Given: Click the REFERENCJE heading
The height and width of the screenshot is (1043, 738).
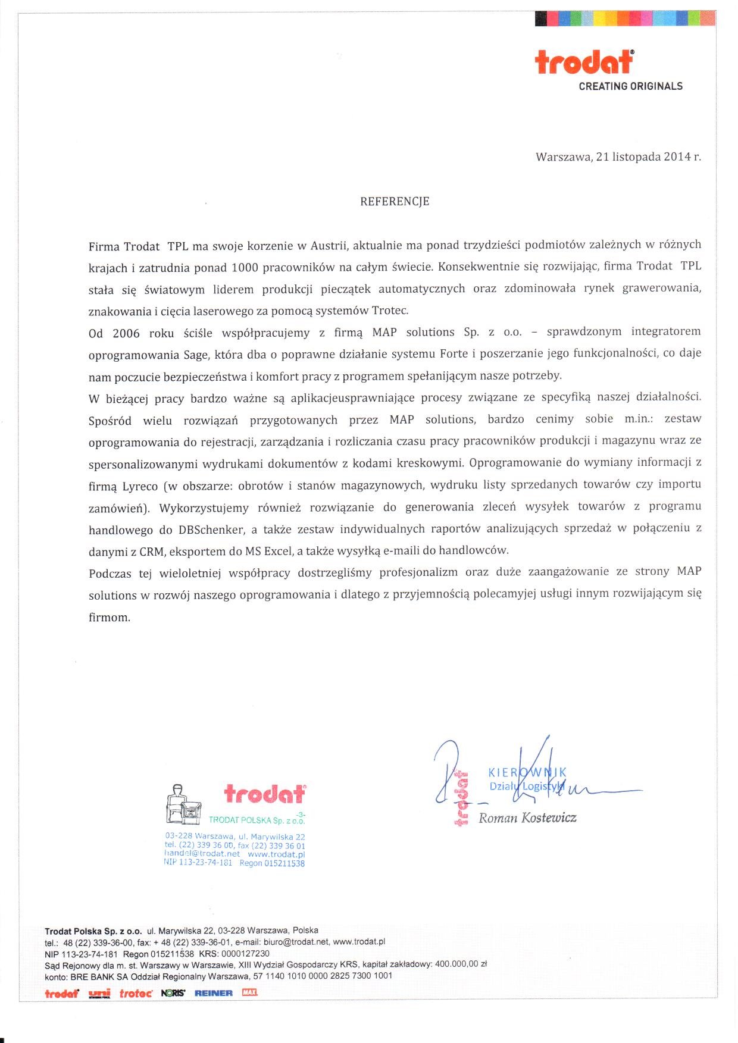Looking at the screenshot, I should pyautogui.click(x=395, y=202).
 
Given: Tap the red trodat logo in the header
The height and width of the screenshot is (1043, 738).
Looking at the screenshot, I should pyautogui.click(x=584, y=61).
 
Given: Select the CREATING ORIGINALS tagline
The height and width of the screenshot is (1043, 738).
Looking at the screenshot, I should pyautogui.click(x=630, y=86).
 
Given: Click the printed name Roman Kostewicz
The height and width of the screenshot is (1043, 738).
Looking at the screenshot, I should pyautogui.click(x=527, y=818).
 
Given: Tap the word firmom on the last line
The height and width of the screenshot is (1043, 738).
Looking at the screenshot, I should pyautogui.click(x=109, y=618).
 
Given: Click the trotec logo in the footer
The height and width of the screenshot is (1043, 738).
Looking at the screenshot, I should pyautogui.click(x=136, y=993).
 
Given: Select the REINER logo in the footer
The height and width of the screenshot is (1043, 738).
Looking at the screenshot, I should pyautogui.click(x=213, y=993).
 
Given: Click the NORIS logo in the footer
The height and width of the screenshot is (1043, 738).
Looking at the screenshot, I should pyautogui.click(x=173, y=993).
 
